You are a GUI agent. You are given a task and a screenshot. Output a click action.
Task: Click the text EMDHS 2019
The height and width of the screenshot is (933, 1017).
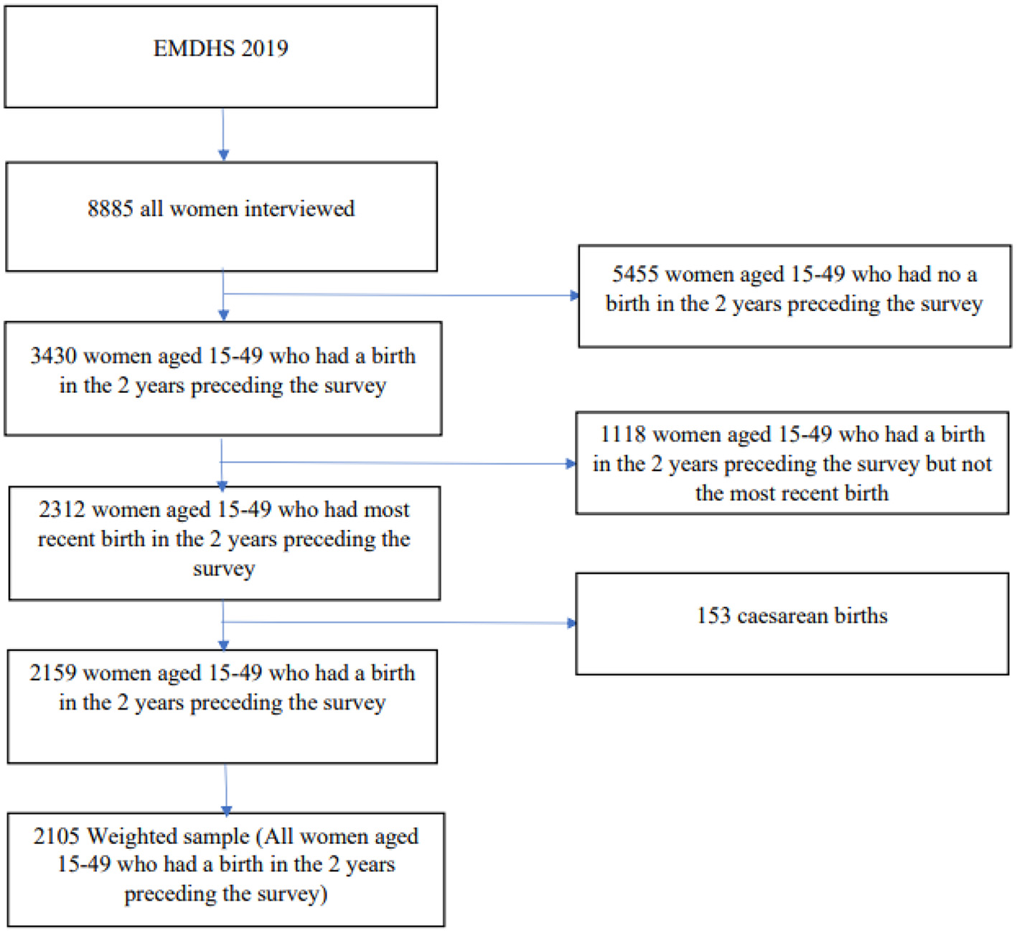[220, 48]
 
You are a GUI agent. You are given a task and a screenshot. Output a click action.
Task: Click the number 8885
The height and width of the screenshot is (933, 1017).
[110, 208]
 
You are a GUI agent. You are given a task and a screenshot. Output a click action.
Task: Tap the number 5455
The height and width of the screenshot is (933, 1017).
[634, 274]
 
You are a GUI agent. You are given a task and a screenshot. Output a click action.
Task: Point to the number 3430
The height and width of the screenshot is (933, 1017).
[53, 356]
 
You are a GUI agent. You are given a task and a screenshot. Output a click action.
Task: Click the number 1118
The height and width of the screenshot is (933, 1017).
[622, 434]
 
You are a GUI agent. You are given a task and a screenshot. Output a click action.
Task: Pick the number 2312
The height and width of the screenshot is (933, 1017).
[62, 509]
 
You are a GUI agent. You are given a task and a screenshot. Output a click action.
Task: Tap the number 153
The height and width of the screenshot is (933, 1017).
[713, 616]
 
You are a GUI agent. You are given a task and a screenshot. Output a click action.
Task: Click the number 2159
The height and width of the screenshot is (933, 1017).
[52, 672]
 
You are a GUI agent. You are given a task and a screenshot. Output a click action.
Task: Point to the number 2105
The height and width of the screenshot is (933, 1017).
[56, 836]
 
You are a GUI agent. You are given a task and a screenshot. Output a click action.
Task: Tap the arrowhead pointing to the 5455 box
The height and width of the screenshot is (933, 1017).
[574, 295]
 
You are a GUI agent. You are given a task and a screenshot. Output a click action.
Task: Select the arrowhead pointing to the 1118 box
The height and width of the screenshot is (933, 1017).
[571, 464]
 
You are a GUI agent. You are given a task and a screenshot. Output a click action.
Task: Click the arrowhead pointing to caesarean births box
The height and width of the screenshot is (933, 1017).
[572, 623]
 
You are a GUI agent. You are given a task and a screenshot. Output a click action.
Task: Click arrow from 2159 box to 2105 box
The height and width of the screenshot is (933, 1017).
[226, 789]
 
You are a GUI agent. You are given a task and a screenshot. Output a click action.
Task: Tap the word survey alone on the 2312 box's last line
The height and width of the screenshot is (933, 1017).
[224, 569]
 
